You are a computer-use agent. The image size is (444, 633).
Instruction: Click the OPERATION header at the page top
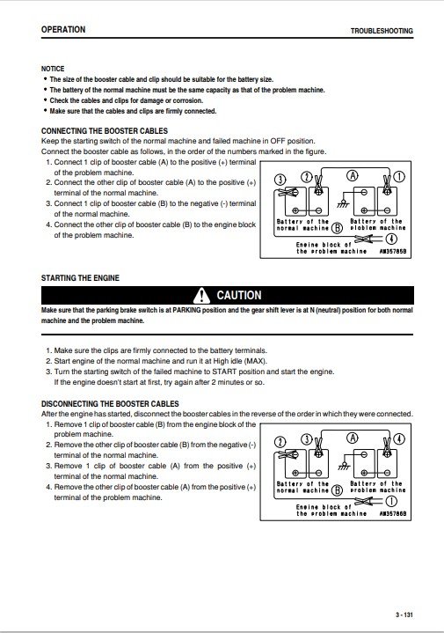pyautogui.click(x=63, y=29)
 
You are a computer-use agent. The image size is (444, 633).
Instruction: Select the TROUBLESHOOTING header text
pyautogui.click(x=382, y=31)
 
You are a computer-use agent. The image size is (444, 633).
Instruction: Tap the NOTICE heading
pyautogui.click(x=53, y=69)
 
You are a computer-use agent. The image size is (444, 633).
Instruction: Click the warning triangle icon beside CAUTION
pyautogui.click(x=201, y=295)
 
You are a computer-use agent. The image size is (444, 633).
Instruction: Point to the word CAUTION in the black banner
pyautogui.click(x=239, y=295)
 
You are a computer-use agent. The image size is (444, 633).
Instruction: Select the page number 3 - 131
pyautogui.click(x=404, y=615)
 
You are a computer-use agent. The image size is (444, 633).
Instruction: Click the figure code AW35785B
pyautogui.click(x=393, y=252)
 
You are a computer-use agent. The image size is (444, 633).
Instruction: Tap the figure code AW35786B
pyautogui.click(x=393, y=514)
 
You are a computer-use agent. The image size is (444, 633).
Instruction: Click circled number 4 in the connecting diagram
pyautogui.click(x=391, y=239)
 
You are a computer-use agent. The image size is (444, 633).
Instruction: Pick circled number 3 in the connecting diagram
pyautogui.click(x=280, y=180)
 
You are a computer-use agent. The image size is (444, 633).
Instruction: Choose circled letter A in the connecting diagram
pyautogui.click(x=353, y=175)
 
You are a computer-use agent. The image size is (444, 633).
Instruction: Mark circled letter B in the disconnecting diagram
pyautogui.click(x=337, y=490)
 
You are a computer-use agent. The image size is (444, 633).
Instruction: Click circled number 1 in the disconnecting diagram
pyautogui.click(x=391, y=502)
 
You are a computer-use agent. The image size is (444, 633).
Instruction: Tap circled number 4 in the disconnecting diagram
pyautogui.click(x=399, y=438)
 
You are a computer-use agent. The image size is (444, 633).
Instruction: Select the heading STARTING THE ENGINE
pyautogui.click(x=80, y=277)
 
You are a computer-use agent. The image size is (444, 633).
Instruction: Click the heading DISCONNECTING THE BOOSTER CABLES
pyautogui.click(x=110, y=404)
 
